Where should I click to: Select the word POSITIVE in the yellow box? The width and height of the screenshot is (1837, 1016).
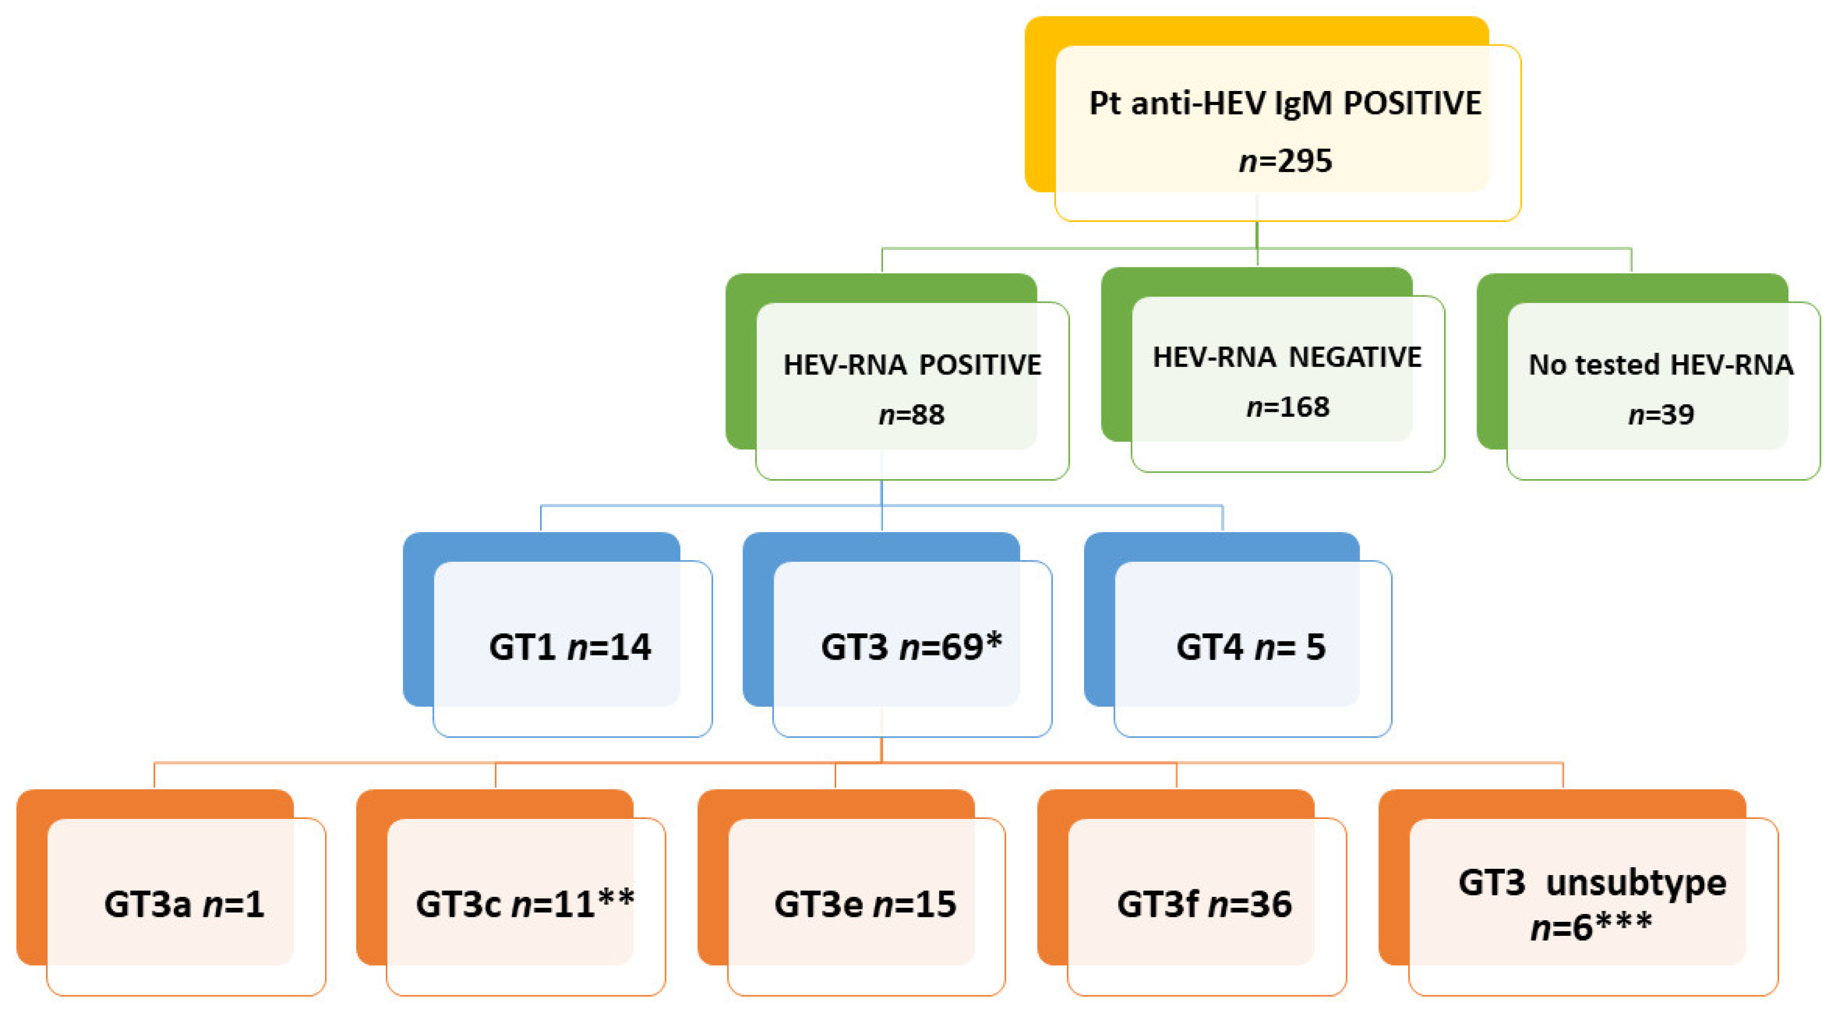1412,103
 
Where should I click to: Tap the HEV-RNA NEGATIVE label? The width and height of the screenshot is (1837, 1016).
1287,357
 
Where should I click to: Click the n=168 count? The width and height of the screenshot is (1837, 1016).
1288,407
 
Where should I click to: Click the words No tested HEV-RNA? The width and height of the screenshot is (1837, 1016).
1661,365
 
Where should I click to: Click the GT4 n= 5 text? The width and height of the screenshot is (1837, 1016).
1251,647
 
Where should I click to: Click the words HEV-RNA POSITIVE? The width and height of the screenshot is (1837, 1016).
912,365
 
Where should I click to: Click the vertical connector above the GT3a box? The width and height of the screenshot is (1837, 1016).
155,775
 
